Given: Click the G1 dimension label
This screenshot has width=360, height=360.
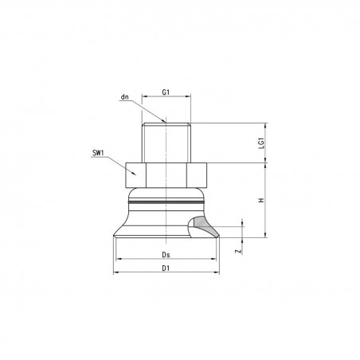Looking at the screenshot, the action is (166, 92).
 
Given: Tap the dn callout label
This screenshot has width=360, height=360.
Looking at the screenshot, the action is (124, 97).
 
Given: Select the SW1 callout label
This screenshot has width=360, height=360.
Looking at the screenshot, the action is (98, 153).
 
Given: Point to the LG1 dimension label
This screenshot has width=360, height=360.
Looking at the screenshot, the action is (262, 143).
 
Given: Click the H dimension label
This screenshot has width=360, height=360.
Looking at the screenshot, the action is (262, 200).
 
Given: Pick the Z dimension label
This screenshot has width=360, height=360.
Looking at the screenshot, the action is (240, 251).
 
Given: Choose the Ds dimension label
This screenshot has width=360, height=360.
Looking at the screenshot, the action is (166, 255).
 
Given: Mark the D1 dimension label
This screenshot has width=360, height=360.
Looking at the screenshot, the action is (166, 268).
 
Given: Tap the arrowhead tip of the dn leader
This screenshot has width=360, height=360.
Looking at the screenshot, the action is (166, 123).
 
